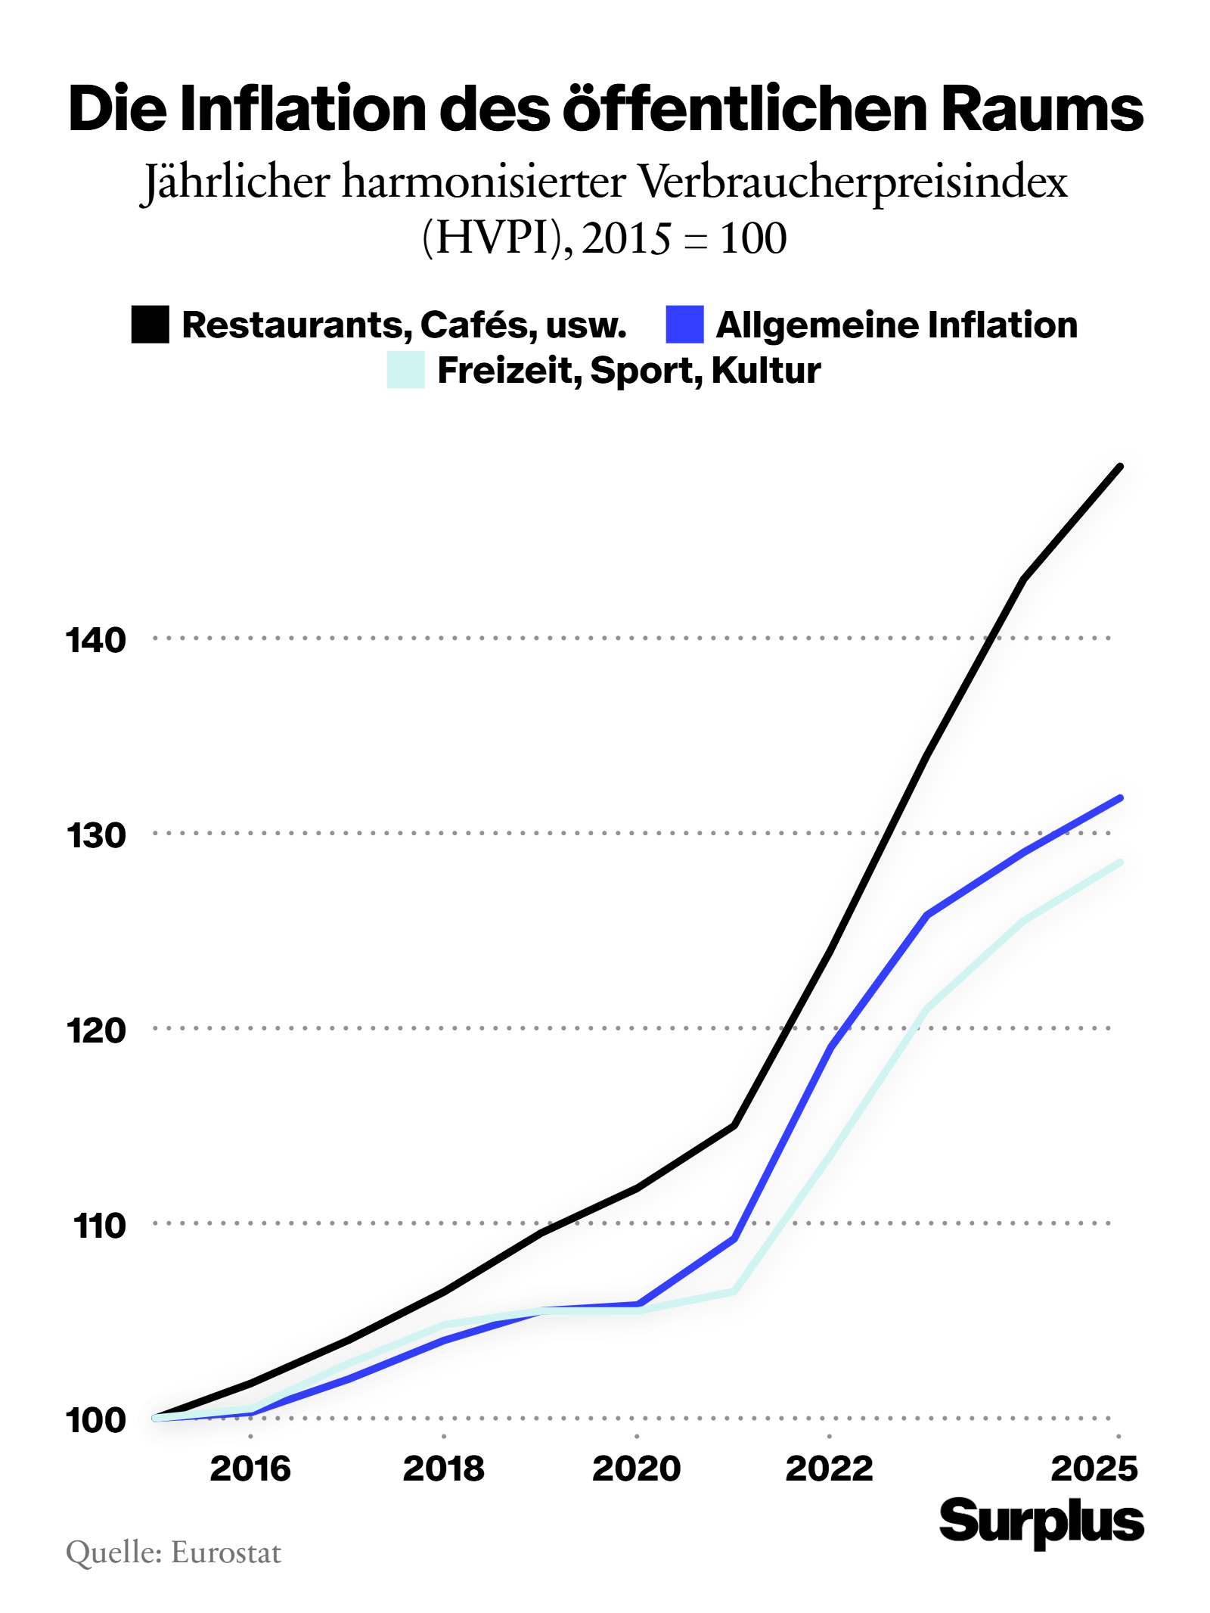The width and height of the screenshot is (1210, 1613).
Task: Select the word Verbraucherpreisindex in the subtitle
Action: coord(852,182)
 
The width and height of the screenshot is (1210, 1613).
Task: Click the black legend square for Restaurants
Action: coord(150,325)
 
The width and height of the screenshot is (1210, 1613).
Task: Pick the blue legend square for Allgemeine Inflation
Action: coord(684,325)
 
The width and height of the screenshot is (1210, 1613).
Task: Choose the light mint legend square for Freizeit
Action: coord(405,370)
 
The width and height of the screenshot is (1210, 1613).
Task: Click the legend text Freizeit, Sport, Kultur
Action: coord(628,370)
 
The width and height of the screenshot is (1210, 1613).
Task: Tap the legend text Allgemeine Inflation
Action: coord(896,325)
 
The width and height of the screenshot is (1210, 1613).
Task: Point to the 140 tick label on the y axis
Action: coord(96,640)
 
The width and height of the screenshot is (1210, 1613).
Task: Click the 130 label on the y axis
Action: coord(96,835)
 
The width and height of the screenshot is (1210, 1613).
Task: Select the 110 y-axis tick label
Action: coord(98,1226)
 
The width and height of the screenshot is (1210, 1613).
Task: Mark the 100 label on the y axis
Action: coord(96,1420)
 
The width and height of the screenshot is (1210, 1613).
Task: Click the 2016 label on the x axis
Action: coord(250,1468)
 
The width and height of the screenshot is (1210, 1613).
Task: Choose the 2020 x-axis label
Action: coord(636,1468)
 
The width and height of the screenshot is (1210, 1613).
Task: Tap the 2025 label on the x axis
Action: coord(1094,1468)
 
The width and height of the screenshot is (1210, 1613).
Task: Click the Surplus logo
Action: coord(1041,1521)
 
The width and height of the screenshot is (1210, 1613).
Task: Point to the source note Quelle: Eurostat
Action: coord(173,1552)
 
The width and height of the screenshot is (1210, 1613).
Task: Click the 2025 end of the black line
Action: coord(1119,467)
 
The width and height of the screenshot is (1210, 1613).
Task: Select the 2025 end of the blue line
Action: coord(1119,798)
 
